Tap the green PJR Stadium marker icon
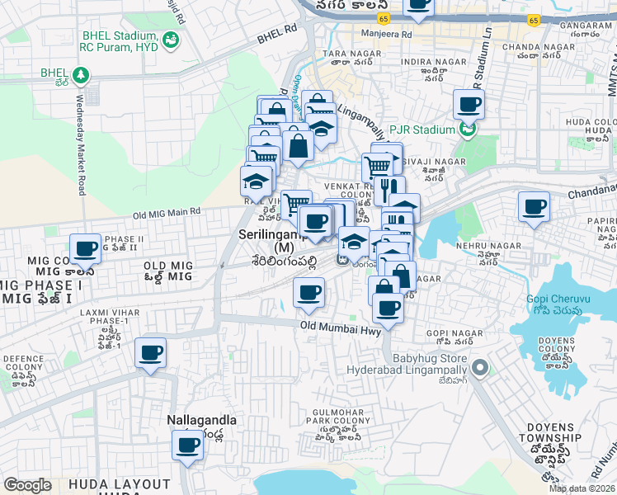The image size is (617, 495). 469,130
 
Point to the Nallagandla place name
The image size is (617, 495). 202,420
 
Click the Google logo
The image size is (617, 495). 27,485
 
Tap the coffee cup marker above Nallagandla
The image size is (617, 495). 187,446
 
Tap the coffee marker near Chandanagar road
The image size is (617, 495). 534,206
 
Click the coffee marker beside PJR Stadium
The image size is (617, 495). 469,104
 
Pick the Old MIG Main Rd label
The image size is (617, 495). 167,213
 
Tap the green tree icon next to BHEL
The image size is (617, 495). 80,76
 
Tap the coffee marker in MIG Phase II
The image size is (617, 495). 85,247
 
